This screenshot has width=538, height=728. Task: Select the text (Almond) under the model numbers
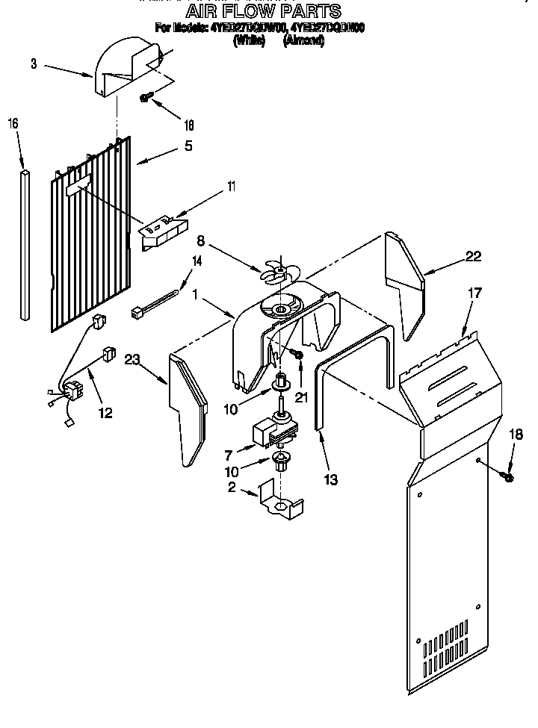[x=303, y=41]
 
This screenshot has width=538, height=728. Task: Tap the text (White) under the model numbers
[x=249, y=41]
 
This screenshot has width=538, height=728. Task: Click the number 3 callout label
[x=34, y=64]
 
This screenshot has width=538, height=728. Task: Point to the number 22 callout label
[x=473, y=256]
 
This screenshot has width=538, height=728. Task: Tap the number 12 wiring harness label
[x=105, y=413]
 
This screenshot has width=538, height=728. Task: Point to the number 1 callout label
[x=196, y=296]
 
